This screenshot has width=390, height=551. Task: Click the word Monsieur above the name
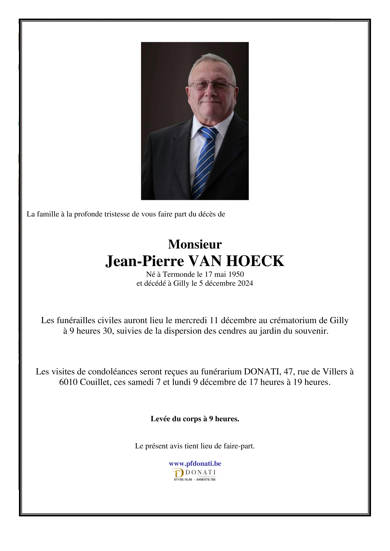(x=195, y=244)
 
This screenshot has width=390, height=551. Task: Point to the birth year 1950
(x=236, y=274)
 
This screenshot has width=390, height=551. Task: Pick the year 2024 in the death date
(x=245, y=283)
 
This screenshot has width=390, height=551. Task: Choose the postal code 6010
(x=68, y=382)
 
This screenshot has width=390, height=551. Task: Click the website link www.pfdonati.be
(x=195, y=464)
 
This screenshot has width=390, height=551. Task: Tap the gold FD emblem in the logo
(x=178, y=473)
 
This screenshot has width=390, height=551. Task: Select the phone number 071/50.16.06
(x=183, y=479)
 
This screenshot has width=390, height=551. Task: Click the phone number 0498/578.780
(x=206, y=479)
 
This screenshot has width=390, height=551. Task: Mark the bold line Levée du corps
(x=195, y=419)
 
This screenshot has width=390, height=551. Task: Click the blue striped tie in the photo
(x=205, y=161)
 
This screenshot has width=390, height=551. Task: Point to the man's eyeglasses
(x=212, y=85)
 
